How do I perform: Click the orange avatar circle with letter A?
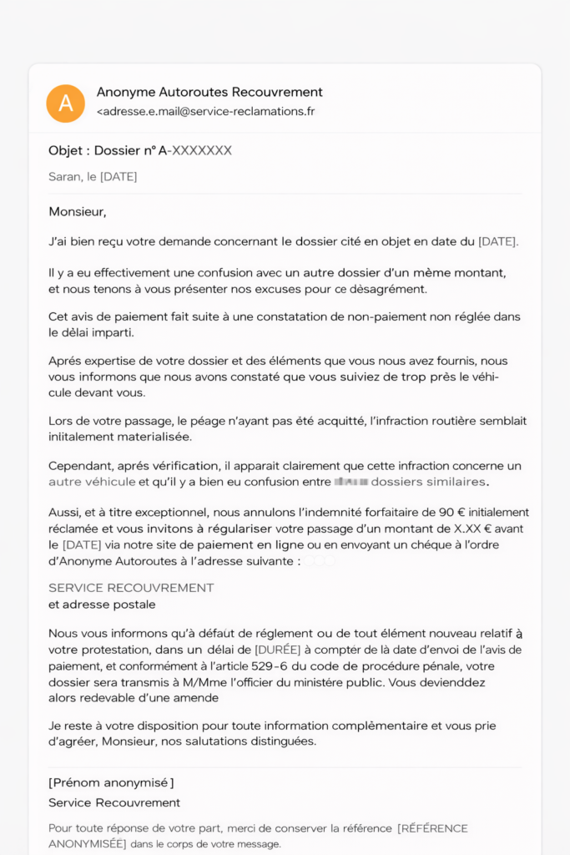pos(66,103)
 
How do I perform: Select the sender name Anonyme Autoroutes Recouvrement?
pos(209,92)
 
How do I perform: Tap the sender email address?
pos(206,111)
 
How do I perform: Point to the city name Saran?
pos(65,177)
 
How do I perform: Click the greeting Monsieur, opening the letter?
pos(78,212)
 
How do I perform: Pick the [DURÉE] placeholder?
pos(277,650)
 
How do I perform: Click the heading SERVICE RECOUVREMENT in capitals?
pos(131,588)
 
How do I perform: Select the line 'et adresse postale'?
pos(102,605)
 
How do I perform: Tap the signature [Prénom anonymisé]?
pos(111,782)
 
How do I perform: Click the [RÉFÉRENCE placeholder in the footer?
pos(432,828)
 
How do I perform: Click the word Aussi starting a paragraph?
pos(65,513)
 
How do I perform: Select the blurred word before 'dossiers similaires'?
pos(350,482)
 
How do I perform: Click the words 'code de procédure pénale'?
pos(435,666)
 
